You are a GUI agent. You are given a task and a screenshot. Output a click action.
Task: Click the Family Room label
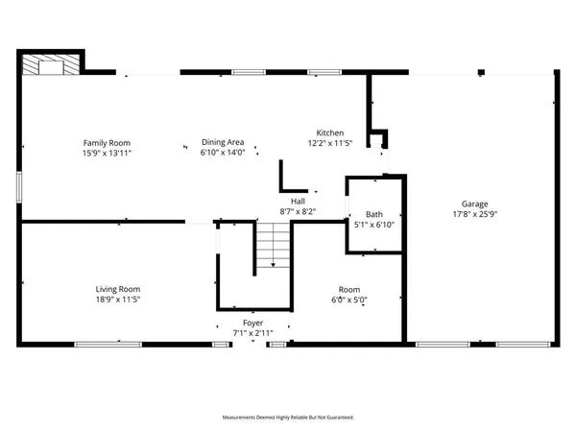coord(100,143)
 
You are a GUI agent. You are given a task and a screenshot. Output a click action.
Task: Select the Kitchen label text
coord(330,133)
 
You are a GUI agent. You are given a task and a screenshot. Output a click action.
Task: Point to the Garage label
coord(474,204)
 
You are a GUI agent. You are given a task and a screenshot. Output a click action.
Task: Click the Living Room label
coord(118,289)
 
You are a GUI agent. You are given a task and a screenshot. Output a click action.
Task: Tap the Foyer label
coord(253,324)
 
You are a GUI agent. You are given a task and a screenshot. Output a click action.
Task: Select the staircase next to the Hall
coord(273,244)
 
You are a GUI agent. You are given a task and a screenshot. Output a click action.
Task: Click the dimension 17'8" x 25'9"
coord(474,213)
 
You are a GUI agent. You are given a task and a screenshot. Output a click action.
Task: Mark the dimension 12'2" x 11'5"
coord(330,143)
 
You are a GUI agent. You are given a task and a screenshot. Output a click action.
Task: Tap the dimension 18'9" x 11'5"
coord(118,299)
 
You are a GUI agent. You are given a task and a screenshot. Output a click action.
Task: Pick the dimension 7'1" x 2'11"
coord(253,333)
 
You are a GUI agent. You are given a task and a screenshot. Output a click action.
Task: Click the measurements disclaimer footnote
coord(288,418)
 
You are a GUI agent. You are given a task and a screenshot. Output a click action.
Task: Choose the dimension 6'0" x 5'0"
coord(348,299)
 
